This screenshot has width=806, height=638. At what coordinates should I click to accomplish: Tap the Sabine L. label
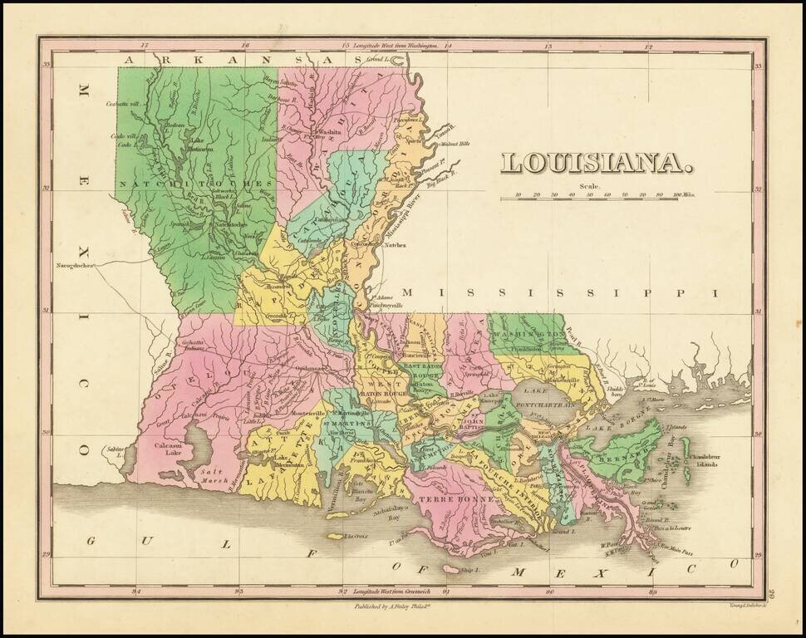click(111, 451)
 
